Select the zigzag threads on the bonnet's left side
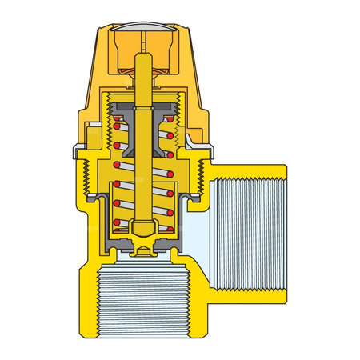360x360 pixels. (x=90, y=176)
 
